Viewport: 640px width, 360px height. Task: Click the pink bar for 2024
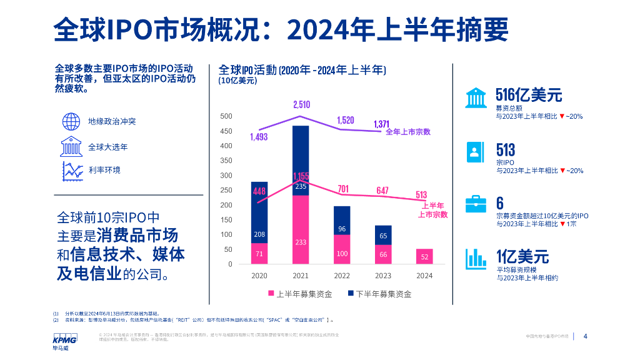(x=424, y=256)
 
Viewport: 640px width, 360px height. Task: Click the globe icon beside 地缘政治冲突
(x=71, y=121)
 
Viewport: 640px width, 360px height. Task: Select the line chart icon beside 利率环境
(x=72, y=170)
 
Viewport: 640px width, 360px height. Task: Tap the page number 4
(x=585, y=336)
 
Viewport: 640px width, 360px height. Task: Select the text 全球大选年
(x=108, y=147)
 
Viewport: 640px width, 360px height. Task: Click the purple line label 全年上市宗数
(x=408, y=132)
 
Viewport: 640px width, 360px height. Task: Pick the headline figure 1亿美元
(x=522, y=256)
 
